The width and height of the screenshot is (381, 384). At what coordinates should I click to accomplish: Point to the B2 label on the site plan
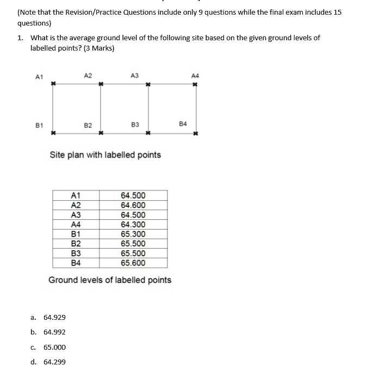point(88,125)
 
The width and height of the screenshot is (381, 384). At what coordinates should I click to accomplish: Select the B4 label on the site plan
point(183,124)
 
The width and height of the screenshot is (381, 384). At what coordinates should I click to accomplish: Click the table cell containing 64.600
point(133,205)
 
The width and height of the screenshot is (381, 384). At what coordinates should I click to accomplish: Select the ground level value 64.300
point(133,224)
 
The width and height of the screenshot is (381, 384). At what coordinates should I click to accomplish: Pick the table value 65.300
point(133,234)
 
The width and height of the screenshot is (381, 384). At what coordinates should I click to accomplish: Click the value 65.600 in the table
point(133,263)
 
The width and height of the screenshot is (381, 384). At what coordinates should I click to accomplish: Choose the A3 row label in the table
point(76,215)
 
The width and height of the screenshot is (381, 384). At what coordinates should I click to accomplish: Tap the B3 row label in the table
point(76,253)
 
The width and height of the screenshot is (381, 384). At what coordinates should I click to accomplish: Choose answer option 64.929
point(54,317)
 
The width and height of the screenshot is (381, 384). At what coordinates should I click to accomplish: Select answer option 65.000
point(54,347)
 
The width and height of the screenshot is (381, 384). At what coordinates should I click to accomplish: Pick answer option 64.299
point(54,362)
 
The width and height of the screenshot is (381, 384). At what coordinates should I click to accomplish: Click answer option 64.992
point(54,332)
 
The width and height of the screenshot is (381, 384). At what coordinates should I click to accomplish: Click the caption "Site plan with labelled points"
point(105,155)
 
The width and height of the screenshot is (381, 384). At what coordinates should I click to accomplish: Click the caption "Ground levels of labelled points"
point(110,280)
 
